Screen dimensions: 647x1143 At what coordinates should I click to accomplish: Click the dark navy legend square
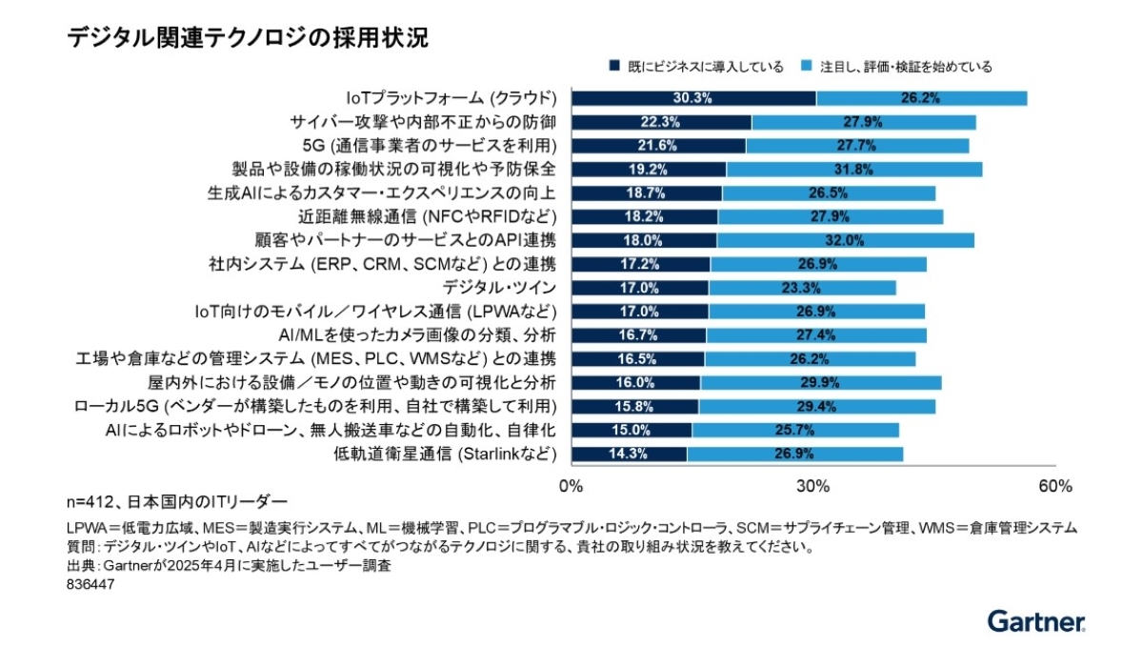coord(616,67)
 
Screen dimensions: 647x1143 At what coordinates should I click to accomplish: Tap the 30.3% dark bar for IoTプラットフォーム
coord(692,98)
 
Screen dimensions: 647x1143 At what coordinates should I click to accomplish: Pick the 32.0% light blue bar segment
coord(845,240)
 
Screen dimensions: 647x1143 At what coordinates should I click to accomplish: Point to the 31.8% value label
coord(852,170)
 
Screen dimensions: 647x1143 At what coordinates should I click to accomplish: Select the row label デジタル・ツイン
coord(499,288)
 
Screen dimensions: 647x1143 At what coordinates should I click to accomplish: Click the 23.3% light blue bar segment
coord(802,288)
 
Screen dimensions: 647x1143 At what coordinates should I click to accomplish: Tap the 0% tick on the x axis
coord(571,486)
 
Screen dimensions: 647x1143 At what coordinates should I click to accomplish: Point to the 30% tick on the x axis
coord(812,486)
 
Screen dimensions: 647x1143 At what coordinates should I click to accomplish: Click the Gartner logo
coord(1036,621)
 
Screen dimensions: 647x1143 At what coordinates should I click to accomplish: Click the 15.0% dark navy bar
coord(631,430)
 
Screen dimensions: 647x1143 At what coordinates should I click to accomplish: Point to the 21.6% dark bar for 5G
coord(657,146)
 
